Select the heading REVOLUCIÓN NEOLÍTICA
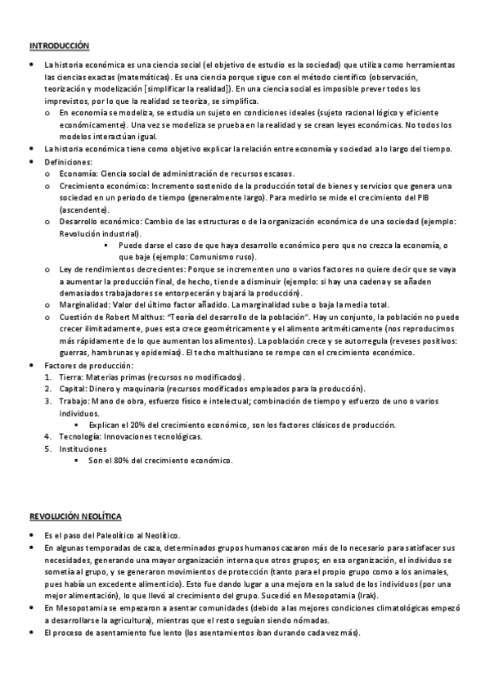(75, 516)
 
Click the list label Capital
(74, 389)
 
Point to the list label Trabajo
(74, 401)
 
